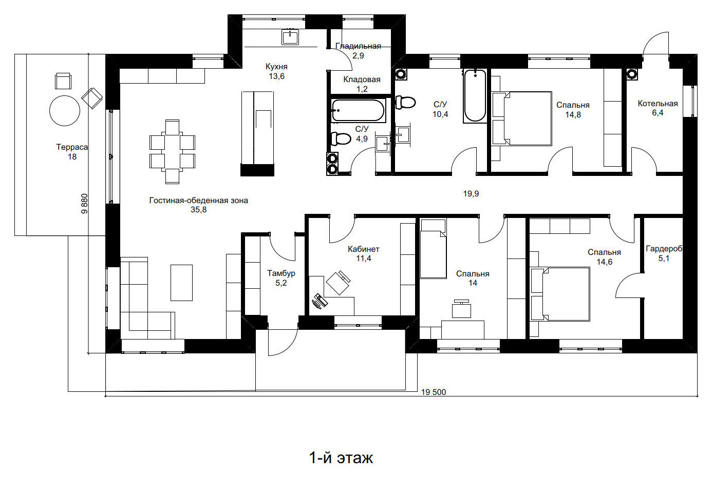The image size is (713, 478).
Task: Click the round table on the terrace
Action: [65, 111]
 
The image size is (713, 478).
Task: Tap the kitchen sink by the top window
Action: [290, 37]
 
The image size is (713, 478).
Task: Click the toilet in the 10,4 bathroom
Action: [405, 103]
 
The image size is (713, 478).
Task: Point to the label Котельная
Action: [658, 104]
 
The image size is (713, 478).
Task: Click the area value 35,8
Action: [199, 210]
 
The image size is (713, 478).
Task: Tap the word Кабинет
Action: [364, 249]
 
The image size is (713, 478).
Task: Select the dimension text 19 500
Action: [434, 392]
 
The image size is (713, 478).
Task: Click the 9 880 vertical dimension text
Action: [84, 204]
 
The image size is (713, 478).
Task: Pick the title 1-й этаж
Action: [341, 458]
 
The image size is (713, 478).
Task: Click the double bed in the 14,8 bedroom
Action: [522, 118]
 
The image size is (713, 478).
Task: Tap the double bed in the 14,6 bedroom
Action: [560, 294]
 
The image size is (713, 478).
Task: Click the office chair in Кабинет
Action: [338, 283]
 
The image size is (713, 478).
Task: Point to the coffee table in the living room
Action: [181, 283]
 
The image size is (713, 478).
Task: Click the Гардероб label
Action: [664, 249]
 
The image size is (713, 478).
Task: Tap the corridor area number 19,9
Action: [471, 193]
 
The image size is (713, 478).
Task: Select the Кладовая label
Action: [362, 79]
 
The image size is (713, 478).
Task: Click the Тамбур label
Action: [281, 273]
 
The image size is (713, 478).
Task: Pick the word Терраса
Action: [72, 147]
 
